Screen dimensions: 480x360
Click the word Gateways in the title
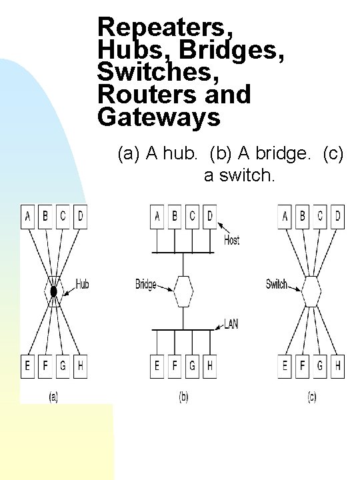click(x=158, y=117)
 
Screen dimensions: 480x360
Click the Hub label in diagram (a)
click(x=82, y=285)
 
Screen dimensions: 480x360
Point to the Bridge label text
click(x=146, y=285)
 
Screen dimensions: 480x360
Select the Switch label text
click(x=277, y=285)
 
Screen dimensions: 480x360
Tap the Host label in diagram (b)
click(x=232, y=240)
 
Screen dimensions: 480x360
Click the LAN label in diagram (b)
click(x=231, y=323)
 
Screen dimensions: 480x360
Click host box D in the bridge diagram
click(x=210, y=217)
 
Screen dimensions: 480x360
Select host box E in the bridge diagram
click(x=157, y=365)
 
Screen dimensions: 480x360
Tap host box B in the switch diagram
click(x=303, y=217)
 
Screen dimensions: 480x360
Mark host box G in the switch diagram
click(x=320, y=365)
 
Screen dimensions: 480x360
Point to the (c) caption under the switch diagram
click(x=311, y=397)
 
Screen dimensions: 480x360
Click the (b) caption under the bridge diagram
click(x=183, y=397)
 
